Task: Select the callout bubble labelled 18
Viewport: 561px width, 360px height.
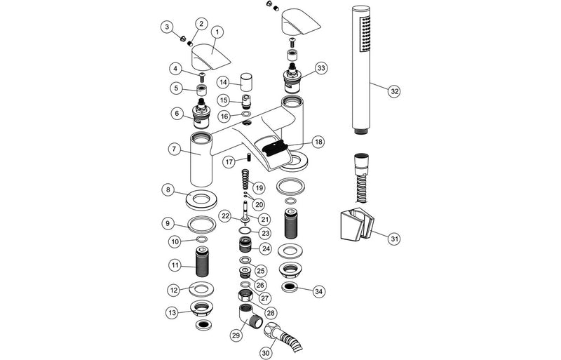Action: [319, 142]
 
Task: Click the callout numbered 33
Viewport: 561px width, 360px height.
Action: [321, 68]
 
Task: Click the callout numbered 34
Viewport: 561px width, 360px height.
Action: [320, 291]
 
